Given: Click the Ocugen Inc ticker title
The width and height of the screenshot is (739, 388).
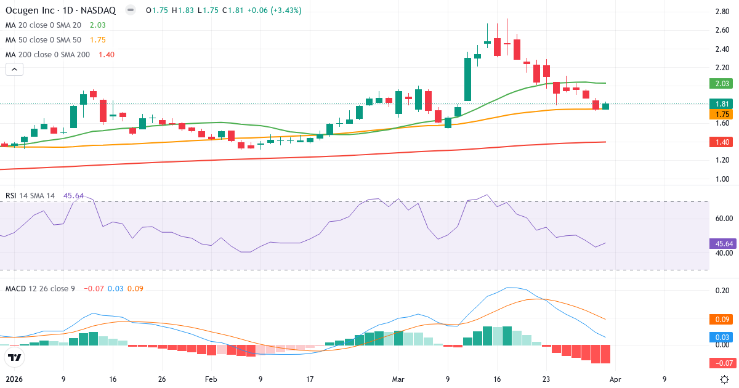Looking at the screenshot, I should [x=62, y=10].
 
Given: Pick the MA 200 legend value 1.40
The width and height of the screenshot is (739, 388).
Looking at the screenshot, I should [x=106, y=54].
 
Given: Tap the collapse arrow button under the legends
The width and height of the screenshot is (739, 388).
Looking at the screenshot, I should [x=15, y=70].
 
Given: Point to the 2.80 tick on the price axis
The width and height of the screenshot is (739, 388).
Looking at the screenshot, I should [x=722, y=12].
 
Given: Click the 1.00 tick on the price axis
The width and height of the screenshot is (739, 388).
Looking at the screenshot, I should [x=722, y=179].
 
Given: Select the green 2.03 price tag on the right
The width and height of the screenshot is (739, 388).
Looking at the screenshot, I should [x=722, y=83].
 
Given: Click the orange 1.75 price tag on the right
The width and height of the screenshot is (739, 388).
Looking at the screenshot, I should [x=722, y=114].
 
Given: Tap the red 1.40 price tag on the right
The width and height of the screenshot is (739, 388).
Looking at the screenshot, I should [x=722, y=142].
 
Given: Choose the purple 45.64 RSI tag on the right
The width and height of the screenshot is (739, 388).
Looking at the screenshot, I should [x=722, y=243].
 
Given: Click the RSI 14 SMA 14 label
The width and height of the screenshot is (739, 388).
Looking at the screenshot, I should [x=30, y=195].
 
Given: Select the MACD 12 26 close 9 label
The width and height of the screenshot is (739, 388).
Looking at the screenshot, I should [x=40, y=288].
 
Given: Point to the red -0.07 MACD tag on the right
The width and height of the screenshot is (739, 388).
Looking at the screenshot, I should [x=722, y=363].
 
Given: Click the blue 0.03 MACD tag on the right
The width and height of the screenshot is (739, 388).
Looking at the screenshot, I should [x=722, y=337].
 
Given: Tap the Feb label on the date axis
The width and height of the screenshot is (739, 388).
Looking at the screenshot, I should [x=211, y=379].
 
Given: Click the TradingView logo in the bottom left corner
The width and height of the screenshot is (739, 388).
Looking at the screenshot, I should [x=15, y=357].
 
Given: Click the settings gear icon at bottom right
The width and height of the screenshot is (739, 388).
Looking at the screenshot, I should [x=725, y=379].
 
